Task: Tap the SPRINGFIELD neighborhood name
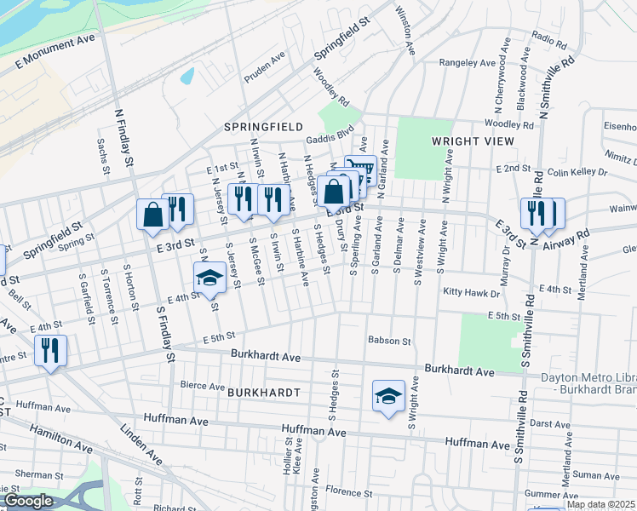(263, 126)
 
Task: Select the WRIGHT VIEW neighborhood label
(469, 141)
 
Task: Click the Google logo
(28, 502)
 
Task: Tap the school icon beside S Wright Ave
(388, 396)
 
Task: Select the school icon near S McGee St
(209, 277)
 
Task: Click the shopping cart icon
(360, 169)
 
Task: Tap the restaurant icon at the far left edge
(50, 349)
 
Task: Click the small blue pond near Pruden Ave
(187, 76)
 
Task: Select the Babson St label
(389, 341)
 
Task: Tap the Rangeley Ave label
(468, 63)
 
